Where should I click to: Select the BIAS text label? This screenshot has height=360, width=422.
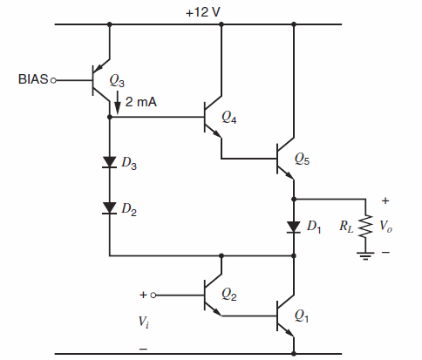tap(33, 80)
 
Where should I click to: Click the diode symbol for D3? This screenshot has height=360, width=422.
tap(110, 162)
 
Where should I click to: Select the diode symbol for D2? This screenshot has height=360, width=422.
tap(110, 207)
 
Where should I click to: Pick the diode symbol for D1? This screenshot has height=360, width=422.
tap(293, 227)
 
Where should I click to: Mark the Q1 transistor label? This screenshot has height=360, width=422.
tap(302, 317)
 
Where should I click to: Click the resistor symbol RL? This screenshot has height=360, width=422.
tap(366, 227)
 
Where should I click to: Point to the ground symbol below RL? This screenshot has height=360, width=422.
tap(366, 255)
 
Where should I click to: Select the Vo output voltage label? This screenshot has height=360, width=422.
tap(389, 227)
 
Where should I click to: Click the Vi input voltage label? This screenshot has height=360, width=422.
tap(144, 322)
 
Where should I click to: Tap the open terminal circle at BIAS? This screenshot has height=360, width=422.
tap(54, 80)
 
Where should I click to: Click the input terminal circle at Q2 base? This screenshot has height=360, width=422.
tap(158, 295)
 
